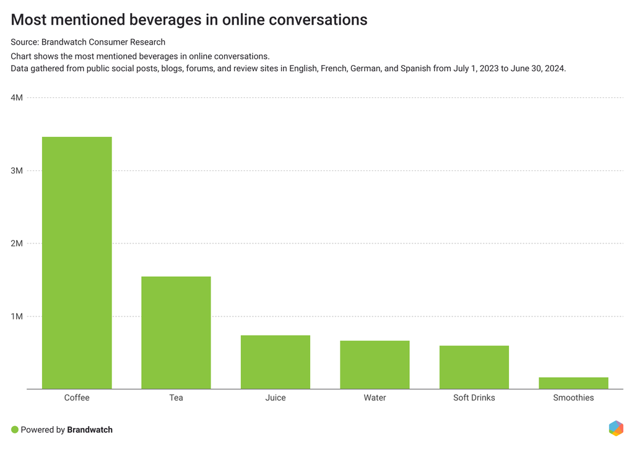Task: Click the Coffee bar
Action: point(77,263)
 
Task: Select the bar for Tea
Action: point(176,333)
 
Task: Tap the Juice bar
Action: point(276,362)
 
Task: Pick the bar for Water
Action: point(375,365)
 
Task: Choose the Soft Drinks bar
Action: point(474,367)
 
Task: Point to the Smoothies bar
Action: point(573,383)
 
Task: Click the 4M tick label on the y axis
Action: point(17,98)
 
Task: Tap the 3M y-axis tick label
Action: point(17,171)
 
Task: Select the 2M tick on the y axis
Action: point(17,243)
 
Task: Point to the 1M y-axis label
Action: point(17,316)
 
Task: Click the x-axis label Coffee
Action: point(77,398)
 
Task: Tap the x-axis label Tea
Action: point(176,398)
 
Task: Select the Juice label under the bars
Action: point(276,398)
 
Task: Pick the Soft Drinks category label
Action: point(474,398)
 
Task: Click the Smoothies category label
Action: point(573,398)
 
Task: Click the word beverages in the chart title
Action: point(164,20)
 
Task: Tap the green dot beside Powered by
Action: point(15,430)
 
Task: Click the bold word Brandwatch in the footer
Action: point(90,430)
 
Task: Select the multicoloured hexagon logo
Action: point(616,429)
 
